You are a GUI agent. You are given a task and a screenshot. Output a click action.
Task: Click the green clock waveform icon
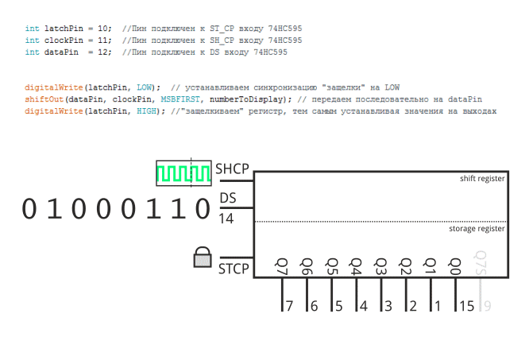[183, 173]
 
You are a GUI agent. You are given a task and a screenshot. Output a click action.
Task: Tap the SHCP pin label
[233, 168]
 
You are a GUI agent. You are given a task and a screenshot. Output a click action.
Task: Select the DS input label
[227, 197]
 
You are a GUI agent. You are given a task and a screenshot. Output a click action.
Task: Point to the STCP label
[234, 269]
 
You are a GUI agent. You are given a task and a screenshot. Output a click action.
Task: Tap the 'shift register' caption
[482, 180]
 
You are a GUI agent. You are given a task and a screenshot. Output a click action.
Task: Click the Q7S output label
[480, 263]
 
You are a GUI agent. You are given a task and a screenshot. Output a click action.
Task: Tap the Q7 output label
[281, 265]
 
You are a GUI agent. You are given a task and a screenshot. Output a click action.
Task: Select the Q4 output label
[355, 265]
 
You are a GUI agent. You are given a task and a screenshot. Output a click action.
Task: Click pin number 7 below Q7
[290, 305]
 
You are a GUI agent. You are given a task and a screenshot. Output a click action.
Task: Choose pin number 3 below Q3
[388, 305]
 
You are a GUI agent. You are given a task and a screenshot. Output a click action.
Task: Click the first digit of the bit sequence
[29, 209]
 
